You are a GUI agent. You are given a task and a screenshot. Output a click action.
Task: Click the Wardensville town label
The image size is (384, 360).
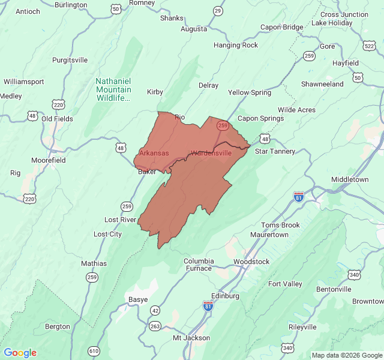coord(211,153)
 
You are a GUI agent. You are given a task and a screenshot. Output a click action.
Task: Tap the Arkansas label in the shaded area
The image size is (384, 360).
coord(154,153)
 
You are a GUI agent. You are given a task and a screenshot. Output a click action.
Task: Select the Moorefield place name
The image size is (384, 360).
coord(48,161)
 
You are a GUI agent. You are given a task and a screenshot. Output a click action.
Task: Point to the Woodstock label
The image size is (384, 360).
coord(251,262)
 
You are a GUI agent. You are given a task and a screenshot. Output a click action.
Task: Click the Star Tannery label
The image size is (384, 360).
coord(275,151)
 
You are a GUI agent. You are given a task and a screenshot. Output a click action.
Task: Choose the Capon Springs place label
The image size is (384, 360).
coord(261,118)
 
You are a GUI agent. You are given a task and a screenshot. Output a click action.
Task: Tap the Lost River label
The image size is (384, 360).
coord(121,220)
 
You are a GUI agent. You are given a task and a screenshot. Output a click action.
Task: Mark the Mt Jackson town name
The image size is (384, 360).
coord(191,338)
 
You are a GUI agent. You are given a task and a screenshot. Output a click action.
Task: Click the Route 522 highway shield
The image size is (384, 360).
coord(370,46)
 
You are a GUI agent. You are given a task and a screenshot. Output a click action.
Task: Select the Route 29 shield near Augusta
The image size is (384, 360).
coord(217,11)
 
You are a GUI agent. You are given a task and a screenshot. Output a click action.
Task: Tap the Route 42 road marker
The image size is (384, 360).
coord(155,310)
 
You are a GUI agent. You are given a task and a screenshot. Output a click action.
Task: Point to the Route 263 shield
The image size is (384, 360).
coord(155,326)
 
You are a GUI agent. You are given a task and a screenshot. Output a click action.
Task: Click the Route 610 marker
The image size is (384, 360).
coord(94,350)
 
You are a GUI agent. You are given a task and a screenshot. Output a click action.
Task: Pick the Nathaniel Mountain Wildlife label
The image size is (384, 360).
coord(113,89)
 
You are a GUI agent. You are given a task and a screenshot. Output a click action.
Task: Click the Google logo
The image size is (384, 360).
coord(20,353)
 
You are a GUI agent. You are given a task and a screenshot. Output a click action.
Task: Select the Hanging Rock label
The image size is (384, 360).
coord(236,45)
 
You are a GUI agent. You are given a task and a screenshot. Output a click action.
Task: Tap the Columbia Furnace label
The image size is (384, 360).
coord(199,265)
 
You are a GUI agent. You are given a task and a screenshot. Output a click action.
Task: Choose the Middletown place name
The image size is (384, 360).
coord(350,179)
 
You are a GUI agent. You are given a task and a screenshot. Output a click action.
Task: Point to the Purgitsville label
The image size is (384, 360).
coord(70,60)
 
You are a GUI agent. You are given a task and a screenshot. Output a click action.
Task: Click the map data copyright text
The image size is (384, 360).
coord(346,355)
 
